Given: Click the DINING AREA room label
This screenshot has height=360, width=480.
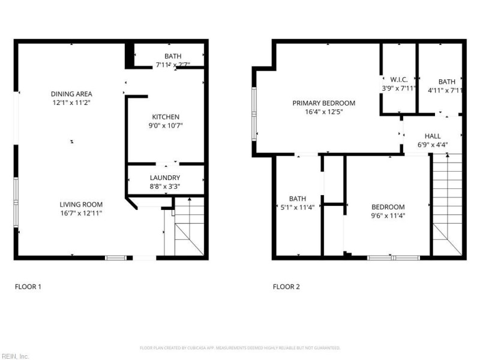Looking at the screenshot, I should pos(71,94).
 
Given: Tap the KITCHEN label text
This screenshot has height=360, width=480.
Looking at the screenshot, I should pos(166,117).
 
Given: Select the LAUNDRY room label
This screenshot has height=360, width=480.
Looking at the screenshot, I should pos(166,178).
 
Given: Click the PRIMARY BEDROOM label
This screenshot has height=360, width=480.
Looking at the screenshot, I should pos(323,103).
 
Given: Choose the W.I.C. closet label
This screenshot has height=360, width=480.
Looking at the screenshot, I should pos(399,80).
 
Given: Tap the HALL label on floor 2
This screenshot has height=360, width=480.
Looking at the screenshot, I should pos(433,136).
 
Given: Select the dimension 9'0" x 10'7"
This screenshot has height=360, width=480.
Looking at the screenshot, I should pos(166,125).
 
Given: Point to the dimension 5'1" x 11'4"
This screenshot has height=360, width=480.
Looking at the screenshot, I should pos(298,207).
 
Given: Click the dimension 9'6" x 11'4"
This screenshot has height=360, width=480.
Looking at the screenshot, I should pos(388,215).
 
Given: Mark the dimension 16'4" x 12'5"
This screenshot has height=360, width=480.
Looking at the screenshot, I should pos(323,112).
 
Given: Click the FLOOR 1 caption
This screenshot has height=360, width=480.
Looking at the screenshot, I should pos(28,287).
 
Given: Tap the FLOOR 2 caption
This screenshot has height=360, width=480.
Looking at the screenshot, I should pos(286,287).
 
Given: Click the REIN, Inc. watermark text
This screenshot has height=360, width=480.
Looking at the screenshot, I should pos(14,356).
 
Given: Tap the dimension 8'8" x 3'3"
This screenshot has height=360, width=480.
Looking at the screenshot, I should pos(166,187).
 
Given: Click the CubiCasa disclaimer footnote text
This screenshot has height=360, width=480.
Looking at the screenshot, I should pos(240,348).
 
